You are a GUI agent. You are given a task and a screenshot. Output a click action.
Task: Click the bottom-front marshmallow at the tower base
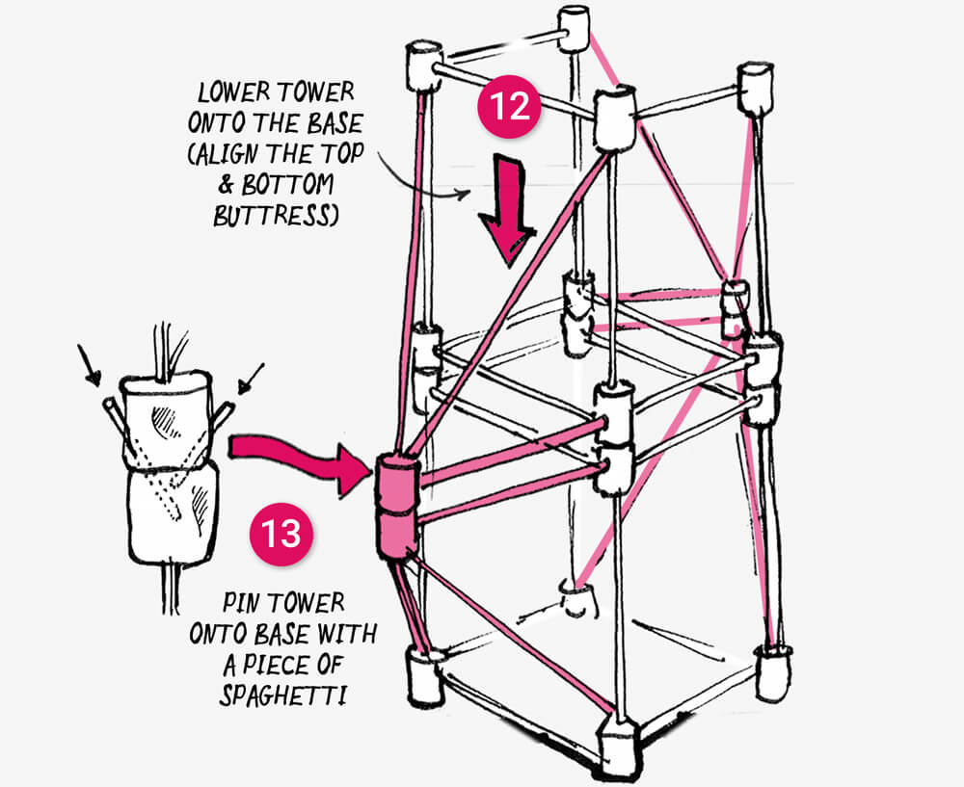pyautogui.click(x=619, y=744)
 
